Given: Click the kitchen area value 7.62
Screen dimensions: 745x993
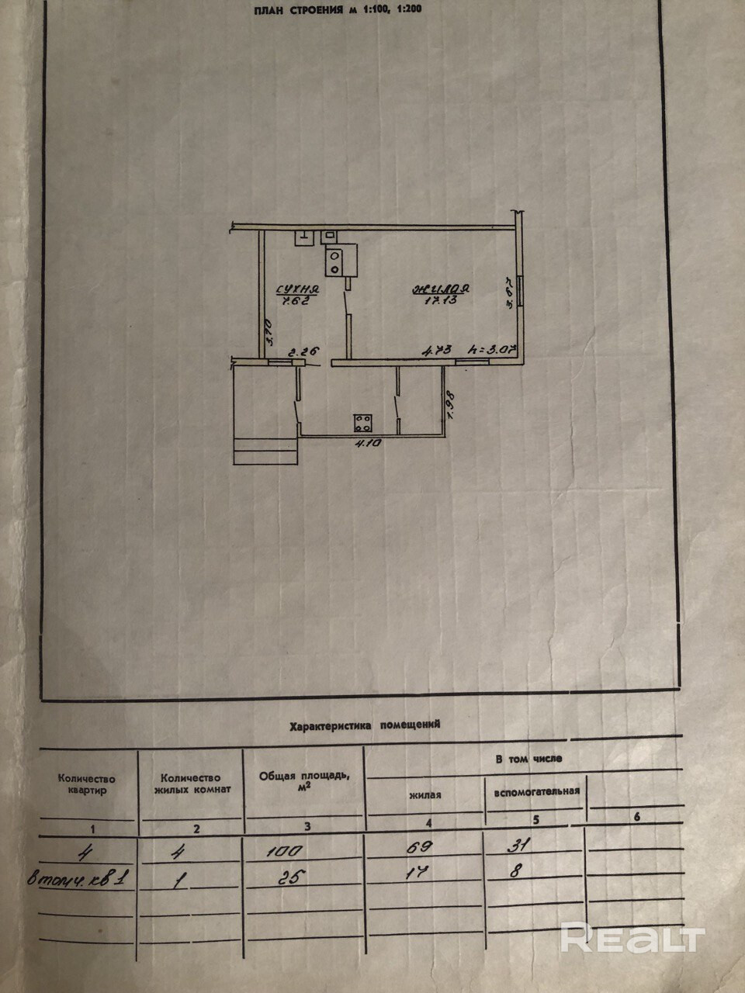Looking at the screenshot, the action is [x=293, y=301].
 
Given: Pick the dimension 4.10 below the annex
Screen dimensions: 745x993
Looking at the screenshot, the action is [x=366, y=445].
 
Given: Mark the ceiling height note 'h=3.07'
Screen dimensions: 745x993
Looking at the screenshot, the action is [x=496, y=350].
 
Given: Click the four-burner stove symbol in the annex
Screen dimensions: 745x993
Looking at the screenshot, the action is [x=362, y=422].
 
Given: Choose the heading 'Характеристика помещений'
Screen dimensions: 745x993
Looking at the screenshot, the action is [x=364, y=725].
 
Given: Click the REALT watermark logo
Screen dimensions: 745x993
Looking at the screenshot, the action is [x=632, y=939].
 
